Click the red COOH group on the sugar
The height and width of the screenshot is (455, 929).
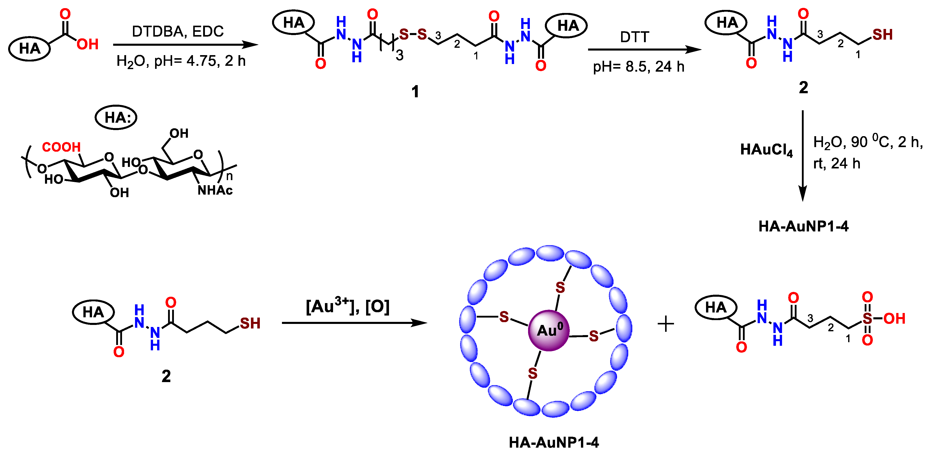(61, 147)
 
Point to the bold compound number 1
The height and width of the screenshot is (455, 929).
(415, 91)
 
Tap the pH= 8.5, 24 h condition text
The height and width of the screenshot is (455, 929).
(639, 67)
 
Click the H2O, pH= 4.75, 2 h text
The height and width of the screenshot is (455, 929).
(181, 61)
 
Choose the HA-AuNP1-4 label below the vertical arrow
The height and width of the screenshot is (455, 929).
(803, 226)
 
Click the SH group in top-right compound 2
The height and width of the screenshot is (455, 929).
(882, 35)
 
